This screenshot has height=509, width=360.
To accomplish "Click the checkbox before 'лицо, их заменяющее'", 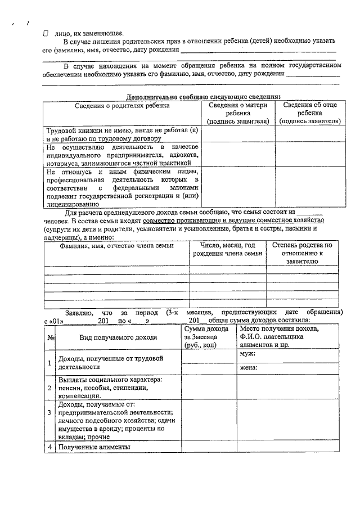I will click(46, 33).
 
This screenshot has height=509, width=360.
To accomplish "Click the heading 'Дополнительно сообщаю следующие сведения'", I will click(204, 96).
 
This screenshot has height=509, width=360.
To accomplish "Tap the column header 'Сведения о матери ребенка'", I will click(238, 112).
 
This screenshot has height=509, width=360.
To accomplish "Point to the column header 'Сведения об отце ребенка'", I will click(310, 112).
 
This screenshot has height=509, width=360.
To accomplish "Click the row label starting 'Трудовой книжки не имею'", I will click(122, 134).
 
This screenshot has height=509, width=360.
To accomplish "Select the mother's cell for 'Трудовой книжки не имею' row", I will click(238, 134).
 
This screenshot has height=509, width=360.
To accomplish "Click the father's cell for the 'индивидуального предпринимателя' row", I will click(310, 154).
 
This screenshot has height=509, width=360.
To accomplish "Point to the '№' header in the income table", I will click(51, 337).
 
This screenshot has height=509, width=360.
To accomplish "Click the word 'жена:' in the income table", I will click(249, 368).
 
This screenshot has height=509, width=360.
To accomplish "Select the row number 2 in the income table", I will click(50, 388).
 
